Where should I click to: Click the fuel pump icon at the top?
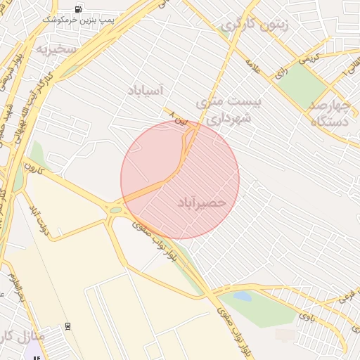[77, 10]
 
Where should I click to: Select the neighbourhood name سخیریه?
[56, 49]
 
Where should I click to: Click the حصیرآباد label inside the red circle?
[199, 202]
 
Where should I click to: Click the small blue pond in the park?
[242, 297]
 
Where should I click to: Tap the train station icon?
[67, 326]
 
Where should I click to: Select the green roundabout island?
[115, 210]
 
